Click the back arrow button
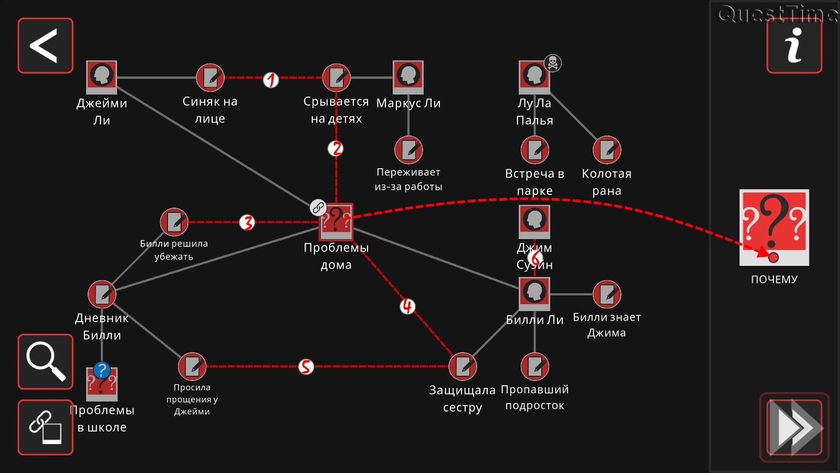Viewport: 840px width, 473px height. point(45,46)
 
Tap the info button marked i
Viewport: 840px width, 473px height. point(794,46)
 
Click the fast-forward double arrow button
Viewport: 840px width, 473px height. point(794,427)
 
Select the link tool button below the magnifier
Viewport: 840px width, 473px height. point(45,427)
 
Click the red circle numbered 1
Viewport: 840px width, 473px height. point(270,80)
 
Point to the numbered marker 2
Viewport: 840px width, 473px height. point(335,149)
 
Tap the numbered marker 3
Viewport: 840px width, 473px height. point(247,222)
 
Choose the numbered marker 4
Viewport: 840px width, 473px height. point(407,306)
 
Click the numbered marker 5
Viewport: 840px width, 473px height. point(306,366)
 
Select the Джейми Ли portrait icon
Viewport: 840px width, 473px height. point(101,77)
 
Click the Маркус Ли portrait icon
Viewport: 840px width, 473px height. point(408,77)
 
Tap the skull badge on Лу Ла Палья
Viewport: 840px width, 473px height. point(552,63)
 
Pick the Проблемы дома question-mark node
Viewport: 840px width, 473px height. point(336,221)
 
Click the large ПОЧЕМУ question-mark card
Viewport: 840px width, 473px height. point(774,228)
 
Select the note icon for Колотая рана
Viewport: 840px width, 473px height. point(607,150)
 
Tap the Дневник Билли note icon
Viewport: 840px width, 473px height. point(102,294)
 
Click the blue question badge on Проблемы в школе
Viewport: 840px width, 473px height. point(102,370)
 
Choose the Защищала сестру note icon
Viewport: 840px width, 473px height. point(463,366)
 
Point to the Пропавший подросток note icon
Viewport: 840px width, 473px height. point(534,366)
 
